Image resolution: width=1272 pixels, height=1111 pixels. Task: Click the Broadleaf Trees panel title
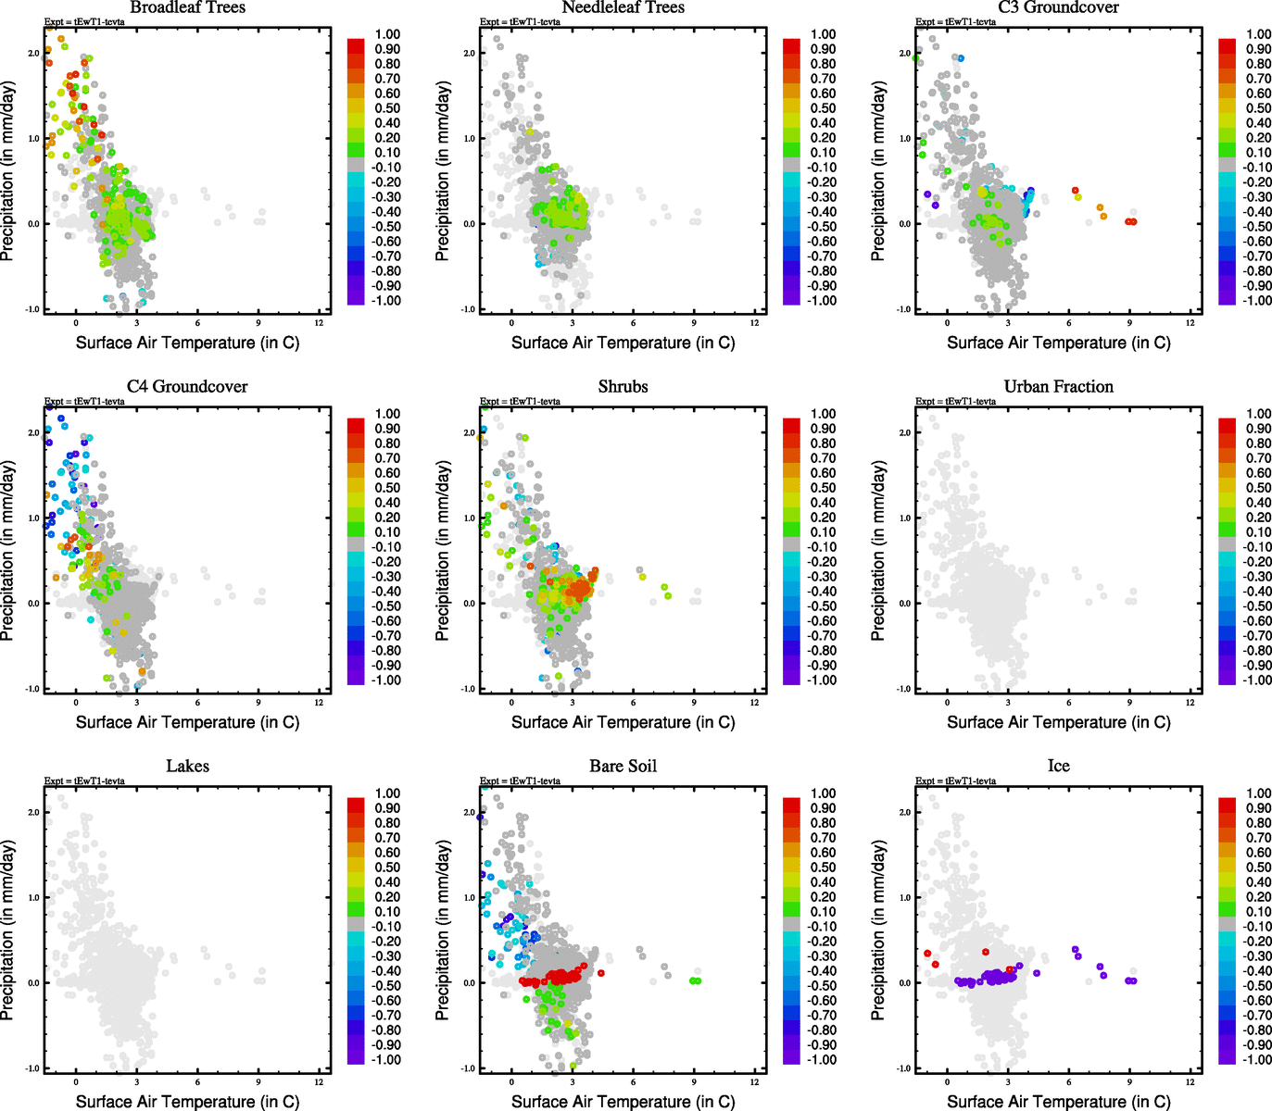pyautogui.click(x=187, y=7)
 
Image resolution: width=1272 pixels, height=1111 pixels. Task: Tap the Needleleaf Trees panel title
pyautogui.click(x=623, y=7)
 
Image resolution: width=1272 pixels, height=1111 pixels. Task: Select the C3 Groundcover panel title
pyautogui.click(x=1058, y=7)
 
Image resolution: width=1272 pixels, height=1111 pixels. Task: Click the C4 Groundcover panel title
pyautogui.click(x=187, y=386)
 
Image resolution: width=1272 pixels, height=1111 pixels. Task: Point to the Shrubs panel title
pyautogui.click(x=623, y=386)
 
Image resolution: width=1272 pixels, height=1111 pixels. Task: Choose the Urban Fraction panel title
pyautogui.click(x=1058, y=386)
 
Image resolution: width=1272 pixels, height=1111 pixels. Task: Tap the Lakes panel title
pyautogui.click(x=187, y=766)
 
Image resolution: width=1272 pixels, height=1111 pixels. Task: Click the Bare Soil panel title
pyautogui.click(x=623, y=766)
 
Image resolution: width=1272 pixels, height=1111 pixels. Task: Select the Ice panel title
pyautogui.click(x=1058, y=766)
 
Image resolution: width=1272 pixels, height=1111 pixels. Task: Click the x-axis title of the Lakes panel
pyautogui.click(x=187, y=1101)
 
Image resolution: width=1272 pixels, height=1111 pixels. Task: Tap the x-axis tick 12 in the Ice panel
pyautogui.click(x=1190, y=1081)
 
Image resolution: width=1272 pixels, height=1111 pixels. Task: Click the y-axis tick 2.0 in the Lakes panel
pyautogui.click(x=33, y=812)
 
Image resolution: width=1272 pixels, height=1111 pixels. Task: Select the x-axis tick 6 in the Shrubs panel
pyautogui.click(x=634, y=702)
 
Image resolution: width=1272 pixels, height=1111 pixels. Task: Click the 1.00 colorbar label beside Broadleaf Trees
pyautogui.click(x=387, y=34)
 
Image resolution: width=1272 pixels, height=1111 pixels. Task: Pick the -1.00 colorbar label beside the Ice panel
pyautogui.click(x=1257, y=1060)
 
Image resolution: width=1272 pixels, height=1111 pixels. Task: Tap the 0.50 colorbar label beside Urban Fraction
pyautogui.click(x=1258, y=488)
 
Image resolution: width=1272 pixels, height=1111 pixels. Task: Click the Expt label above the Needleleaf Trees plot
pyautogui.click(x=520, y=21)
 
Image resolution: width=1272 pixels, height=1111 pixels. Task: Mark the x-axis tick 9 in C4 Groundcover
pyautogui.click(x=258, y=702)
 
